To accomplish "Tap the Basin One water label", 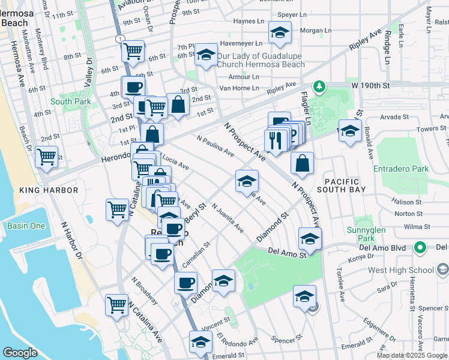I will (x=25, y=226).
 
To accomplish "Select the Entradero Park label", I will (x=401, y=169).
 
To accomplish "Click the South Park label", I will (x=70, y=101).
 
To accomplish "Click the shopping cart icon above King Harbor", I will (x=46, y=158).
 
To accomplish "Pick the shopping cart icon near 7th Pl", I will (x=133, y=50).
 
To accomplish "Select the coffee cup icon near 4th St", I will (x=133, y=87).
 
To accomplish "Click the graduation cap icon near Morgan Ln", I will (x=279, y=33).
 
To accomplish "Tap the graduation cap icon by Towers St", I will (x=349, y=131).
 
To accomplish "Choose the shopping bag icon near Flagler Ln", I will (x=303, y=163).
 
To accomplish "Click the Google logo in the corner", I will (x=20, y=353).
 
